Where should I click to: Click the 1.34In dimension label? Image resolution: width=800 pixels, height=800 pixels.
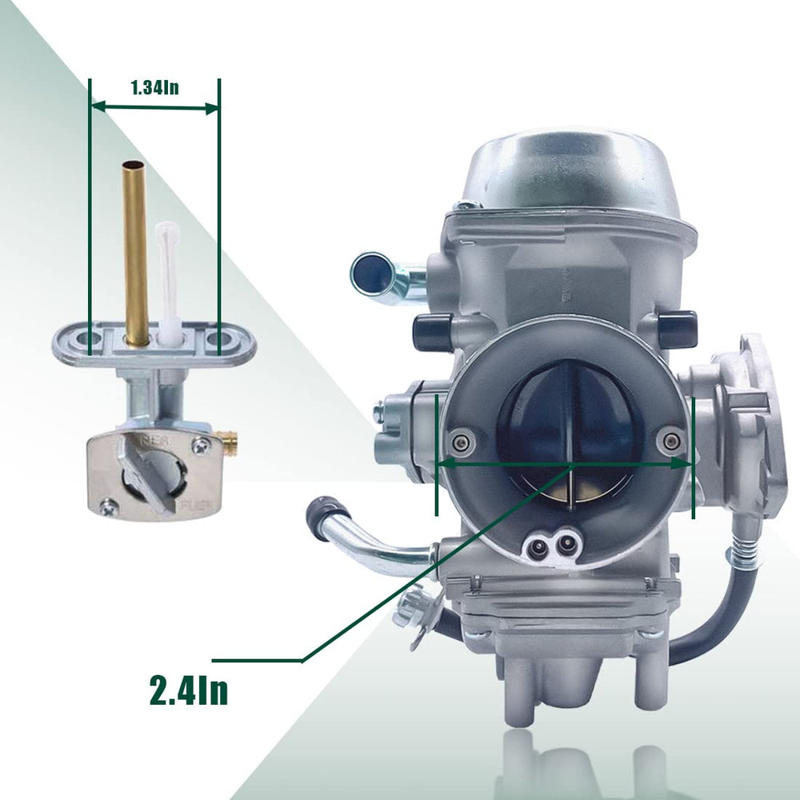(x=155, y=88)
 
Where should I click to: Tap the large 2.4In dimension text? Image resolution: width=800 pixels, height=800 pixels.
(x=189, y=690)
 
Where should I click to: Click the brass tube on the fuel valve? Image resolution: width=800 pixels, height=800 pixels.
(x=135, y=254)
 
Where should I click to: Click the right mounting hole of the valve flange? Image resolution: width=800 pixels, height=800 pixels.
(x=218, y=338)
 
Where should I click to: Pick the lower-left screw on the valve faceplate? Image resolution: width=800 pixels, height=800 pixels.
(x=109, y=506)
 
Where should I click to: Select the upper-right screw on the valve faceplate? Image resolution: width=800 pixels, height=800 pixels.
(x=202, y=446)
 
